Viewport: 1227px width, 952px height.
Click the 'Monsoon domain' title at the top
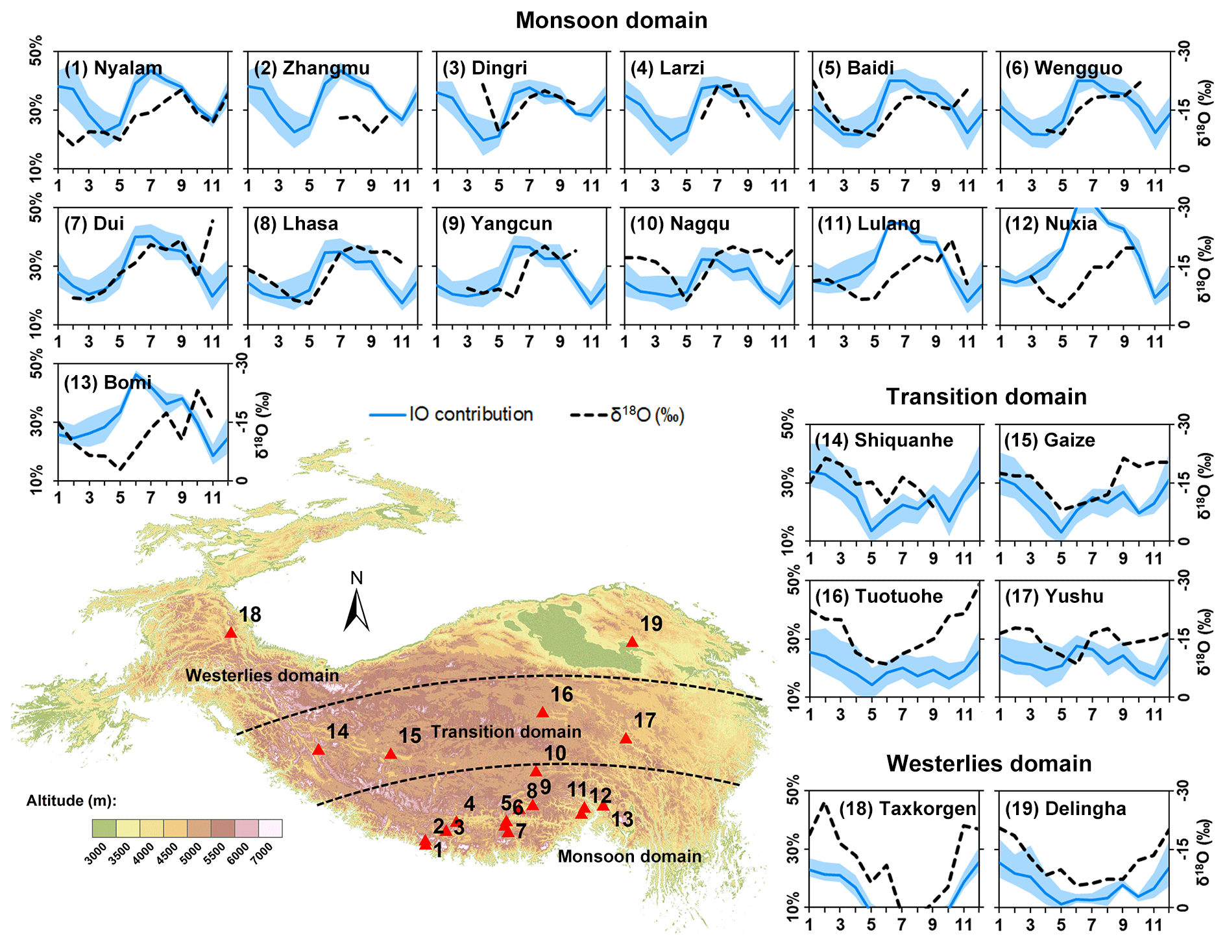click(x=611, y=20)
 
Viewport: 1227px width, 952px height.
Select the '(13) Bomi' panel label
click(x=108, y=382)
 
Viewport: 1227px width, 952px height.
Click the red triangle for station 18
click(x=231, y=633)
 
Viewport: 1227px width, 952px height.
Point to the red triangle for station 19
click(x=632, y=642)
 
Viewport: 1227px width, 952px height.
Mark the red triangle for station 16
click(x=543, y=713)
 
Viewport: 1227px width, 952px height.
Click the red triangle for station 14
click(x=319, y=750)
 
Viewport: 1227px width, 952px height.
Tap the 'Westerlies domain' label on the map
click(x=262, y=676)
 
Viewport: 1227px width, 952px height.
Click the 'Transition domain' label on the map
click(x=506, y=732)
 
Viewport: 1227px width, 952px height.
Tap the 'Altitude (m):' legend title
click(x=71, y=801)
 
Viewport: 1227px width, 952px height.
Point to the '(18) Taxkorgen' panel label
click(x=907, y=809)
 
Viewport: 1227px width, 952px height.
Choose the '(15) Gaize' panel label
click(x=1049, y=440)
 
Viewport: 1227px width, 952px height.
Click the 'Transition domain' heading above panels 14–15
click(x=986, y=397)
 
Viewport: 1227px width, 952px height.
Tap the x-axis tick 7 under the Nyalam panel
click(x=151, y=186)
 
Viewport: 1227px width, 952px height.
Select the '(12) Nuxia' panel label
click(x=1051, y=224)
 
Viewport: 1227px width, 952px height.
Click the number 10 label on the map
click(x=555, y=753)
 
